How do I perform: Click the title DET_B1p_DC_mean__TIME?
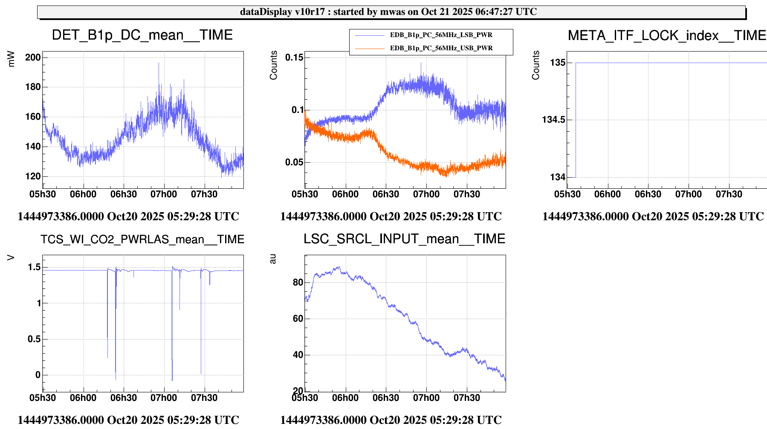click(142, 35)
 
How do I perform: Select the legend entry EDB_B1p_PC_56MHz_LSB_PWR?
click(441, 35)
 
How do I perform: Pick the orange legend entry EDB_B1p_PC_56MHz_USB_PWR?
click(441, 48)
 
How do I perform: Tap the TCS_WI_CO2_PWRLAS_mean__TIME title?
click(142, 239)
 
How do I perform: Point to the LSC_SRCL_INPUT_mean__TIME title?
click(404, 239)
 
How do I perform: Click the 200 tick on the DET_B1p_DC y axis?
click(33, 58)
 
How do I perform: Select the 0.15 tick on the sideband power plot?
click(295, 58)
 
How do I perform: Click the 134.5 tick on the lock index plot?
click(554, 120)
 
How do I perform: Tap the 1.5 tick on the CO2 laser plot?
click(35, 267)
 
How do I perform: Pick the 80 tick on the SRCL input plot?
click(298, 282)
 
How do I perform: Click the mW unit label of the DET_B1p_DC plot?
click(12, 59)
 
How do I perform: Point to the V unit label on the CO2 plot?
click(12, 257)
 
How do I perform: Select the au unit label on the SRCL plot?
click(273, 259)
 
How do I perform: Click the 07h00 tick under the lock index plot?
click(688, 194)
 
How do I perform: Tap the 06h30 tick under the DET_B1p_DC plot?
click(124, 194)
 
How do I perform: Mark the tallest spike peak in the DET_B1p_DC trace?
click(159, 63)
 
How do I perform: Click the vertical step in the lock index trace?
click(576, 120)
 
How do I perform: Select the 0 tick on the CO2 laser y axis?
click(38, 375)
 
